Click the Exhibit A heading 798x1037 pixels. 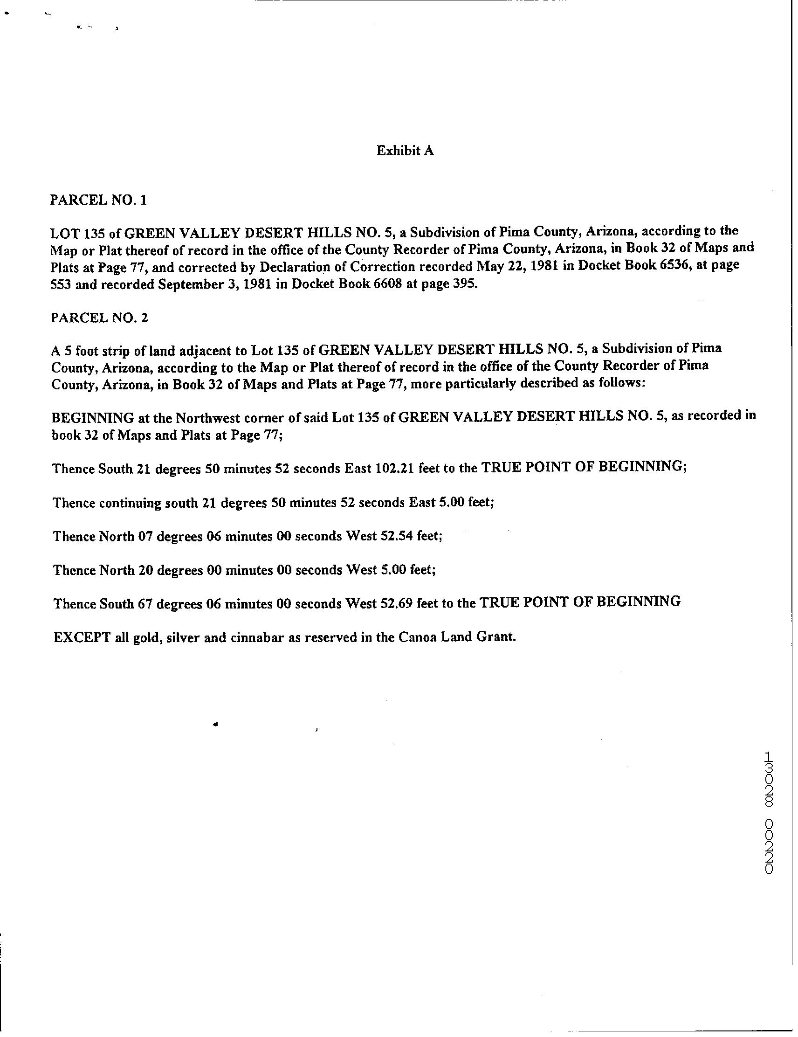pyautogui.click(x=405, y=151)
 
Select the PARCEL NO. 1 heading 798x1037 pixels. pyautogui.click(x=98, y=200)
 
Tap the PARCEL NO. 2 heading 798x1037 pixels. pyautogui.click(x=99, y=317)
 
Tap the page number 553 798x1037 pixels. pyautogui.click(x=61, y=284)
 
